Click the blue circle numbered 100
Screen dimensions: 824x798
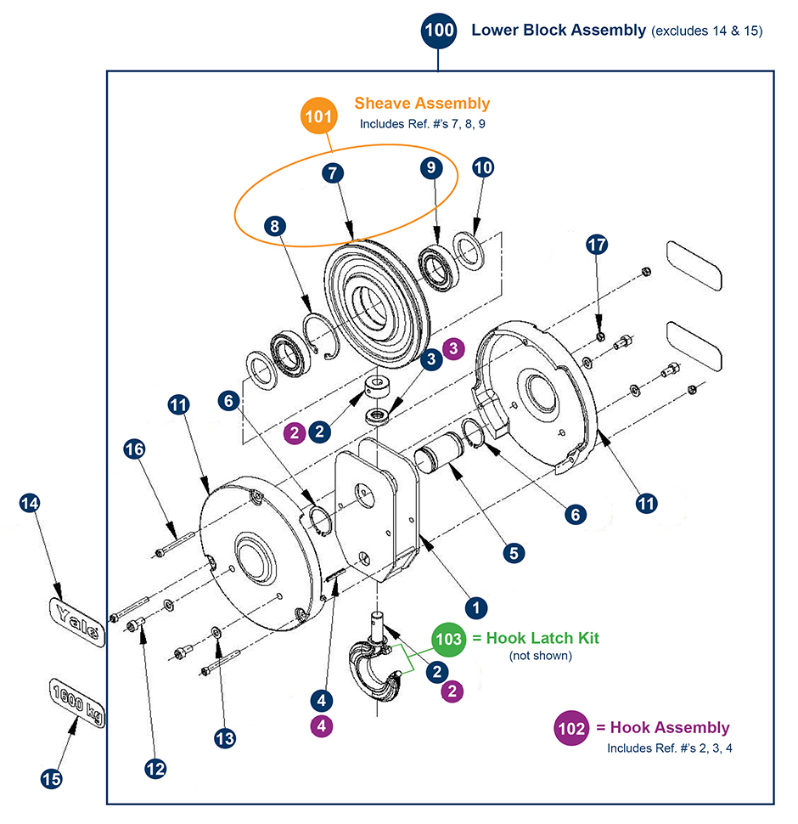point(439,31)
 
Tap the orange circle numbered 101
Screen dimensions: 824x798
point(318,116)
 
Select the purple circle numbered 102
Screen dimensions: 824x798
point(570,728)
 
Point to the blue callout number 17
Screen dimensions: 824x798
point(598,245)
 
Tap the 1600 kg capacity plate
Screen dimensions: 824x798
point(76,704)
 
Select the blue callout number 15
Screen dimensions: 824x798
point(53,776)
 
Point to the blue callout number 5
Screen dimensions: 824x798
point(513,552)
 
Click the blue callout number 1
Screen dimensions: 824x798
point(476,607)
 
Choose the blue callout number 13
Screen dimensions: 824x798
point(224,738)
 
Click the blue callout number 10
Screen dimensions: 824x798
point(483,167)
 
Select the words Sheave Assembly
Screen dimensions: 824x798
point(422,104)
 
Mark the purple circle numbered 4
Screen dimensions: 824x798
point(320,726)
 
